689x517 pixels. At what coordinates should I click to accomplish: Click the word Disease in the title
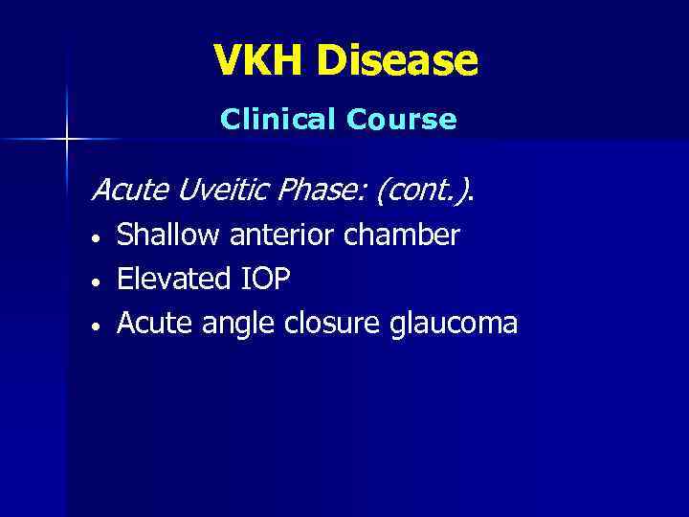(x=397, y=61)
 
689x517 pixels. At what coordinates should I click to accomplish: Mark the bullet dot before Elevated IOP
(x=96, y=281)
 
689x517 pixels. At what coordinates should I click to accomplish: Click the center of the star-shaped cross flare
(x=66, y=139)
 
